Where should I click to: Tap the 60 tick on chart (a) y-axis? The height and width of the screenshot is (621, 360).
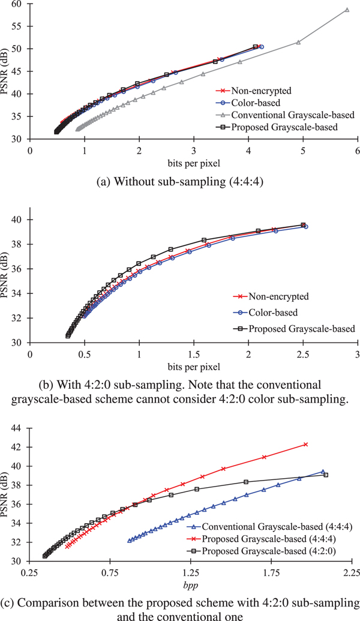(17, 4)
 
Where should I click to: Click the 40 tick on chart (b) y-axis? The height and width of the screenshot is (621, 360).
(17, 220)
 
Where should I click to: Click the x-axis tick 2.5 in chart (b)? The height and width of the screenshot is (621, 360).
(303, 355)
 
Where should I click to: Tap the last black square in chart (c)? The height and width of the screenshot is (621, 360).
(326, 475)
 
